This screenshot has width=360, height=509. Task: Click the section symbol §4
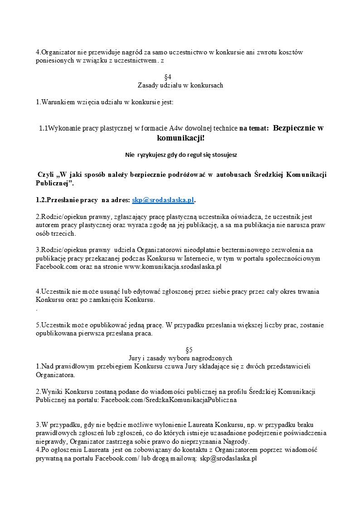click(x=180, y=77)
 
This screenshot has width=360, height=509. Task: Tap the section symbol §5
click(x=180, y=350)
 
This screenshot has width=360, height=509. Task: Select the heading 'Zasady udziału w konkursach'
click(x=180, y=85)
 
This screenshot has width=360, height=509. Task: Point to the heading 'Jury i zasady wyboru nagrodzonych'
click(x=180, y=358)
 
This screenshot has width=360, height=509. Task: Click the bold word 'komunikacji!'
click(x=180, y=138)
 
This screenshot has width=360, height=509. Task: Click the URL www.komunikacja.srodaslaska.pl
click(x=172, y=267)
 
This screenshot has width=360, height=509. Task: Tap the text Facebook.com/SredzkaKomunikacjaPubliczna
click(x=169, y=400)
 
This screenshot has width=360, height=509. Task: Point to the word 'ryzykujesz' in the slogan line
click(x=152, y=155)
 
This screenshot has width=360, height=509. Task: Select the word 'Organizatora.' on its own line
click(x=55, y=375)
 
